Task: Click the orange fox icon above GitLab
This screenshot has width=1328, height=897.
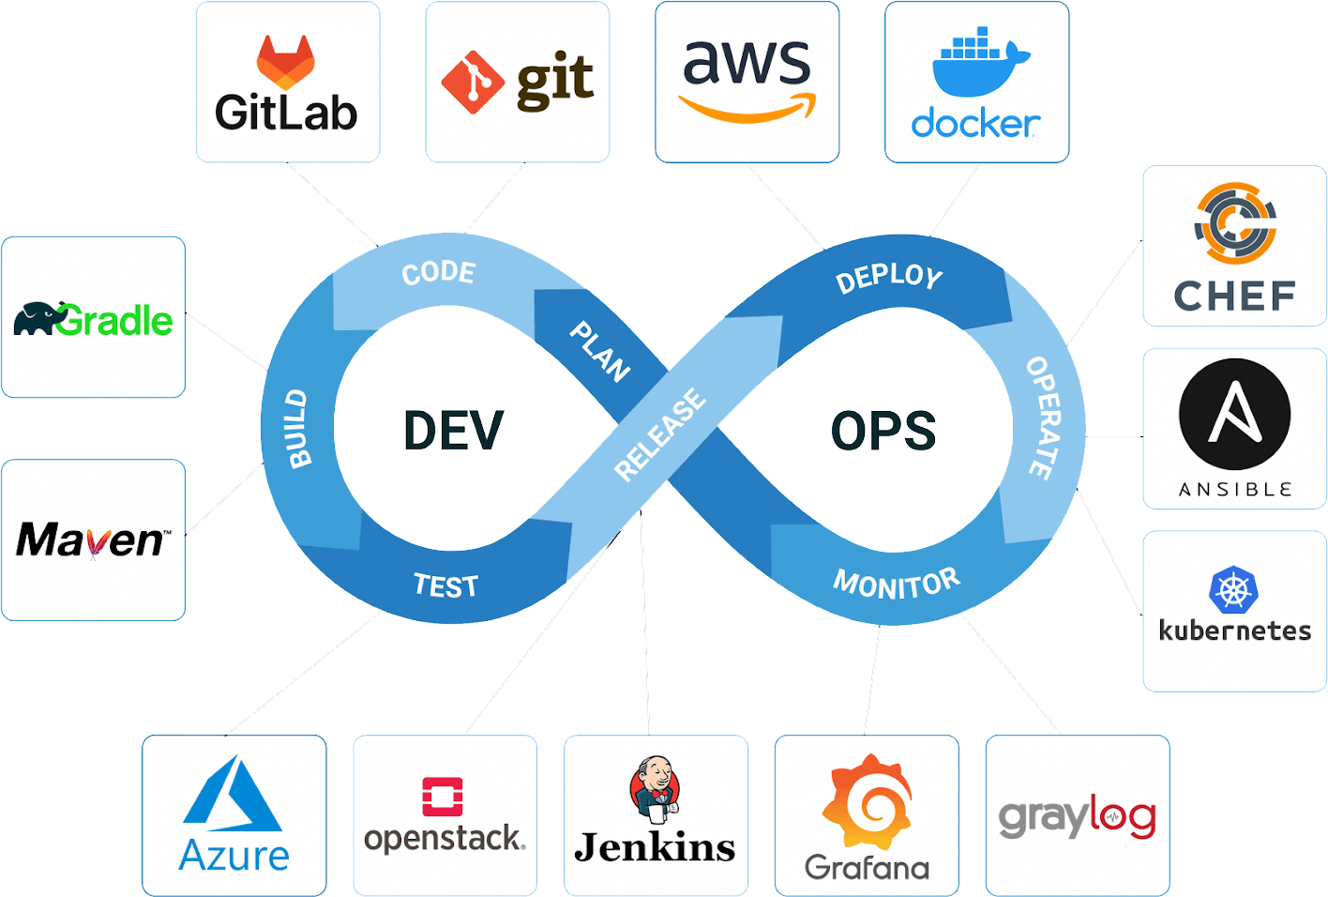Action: [286, 62]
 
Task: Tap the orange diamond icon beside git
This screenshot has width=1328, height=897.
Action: [473, 83]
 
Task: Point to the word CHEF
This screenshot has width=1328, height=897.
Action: [1234, 296]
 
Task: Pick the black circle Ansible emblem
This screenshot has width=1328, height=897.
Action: [1234, 414]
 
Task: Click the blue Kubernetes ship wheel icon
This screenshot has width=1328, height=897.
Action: [1233, 590]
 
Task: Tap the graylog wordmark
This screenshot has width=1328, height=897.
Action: [1077, 818]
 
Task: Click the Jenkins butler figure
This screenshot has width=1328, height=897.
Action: [655, 786]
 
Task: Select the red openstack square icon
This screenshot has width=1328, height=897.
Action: [443, 797]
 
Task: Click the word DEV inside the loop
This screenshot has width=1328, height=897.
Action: [453, 431]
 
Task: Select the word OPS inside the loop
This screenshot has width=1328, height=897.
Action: [883, 431]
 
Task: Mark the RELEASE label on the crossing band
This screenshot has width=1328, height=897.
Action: [659, 434]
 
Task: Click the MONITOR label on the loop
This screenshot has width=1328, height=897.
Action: [897, 584]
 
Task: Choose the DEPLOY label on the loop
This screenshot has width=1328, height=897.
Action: [888, 277]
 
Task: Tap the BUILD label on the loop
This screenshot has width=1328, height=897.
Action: [298, 429]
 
